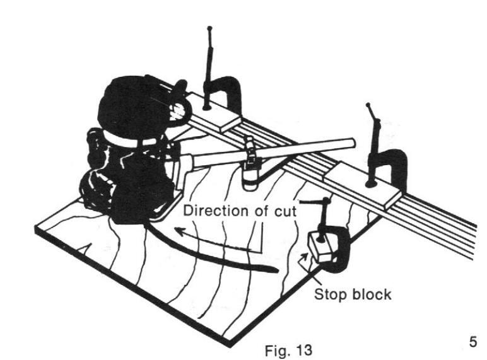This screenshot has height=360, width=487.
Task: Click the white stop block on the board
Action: pos(318,248)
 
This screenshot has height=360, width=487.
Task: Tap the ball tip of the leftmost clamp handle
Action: pos(209,29)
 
